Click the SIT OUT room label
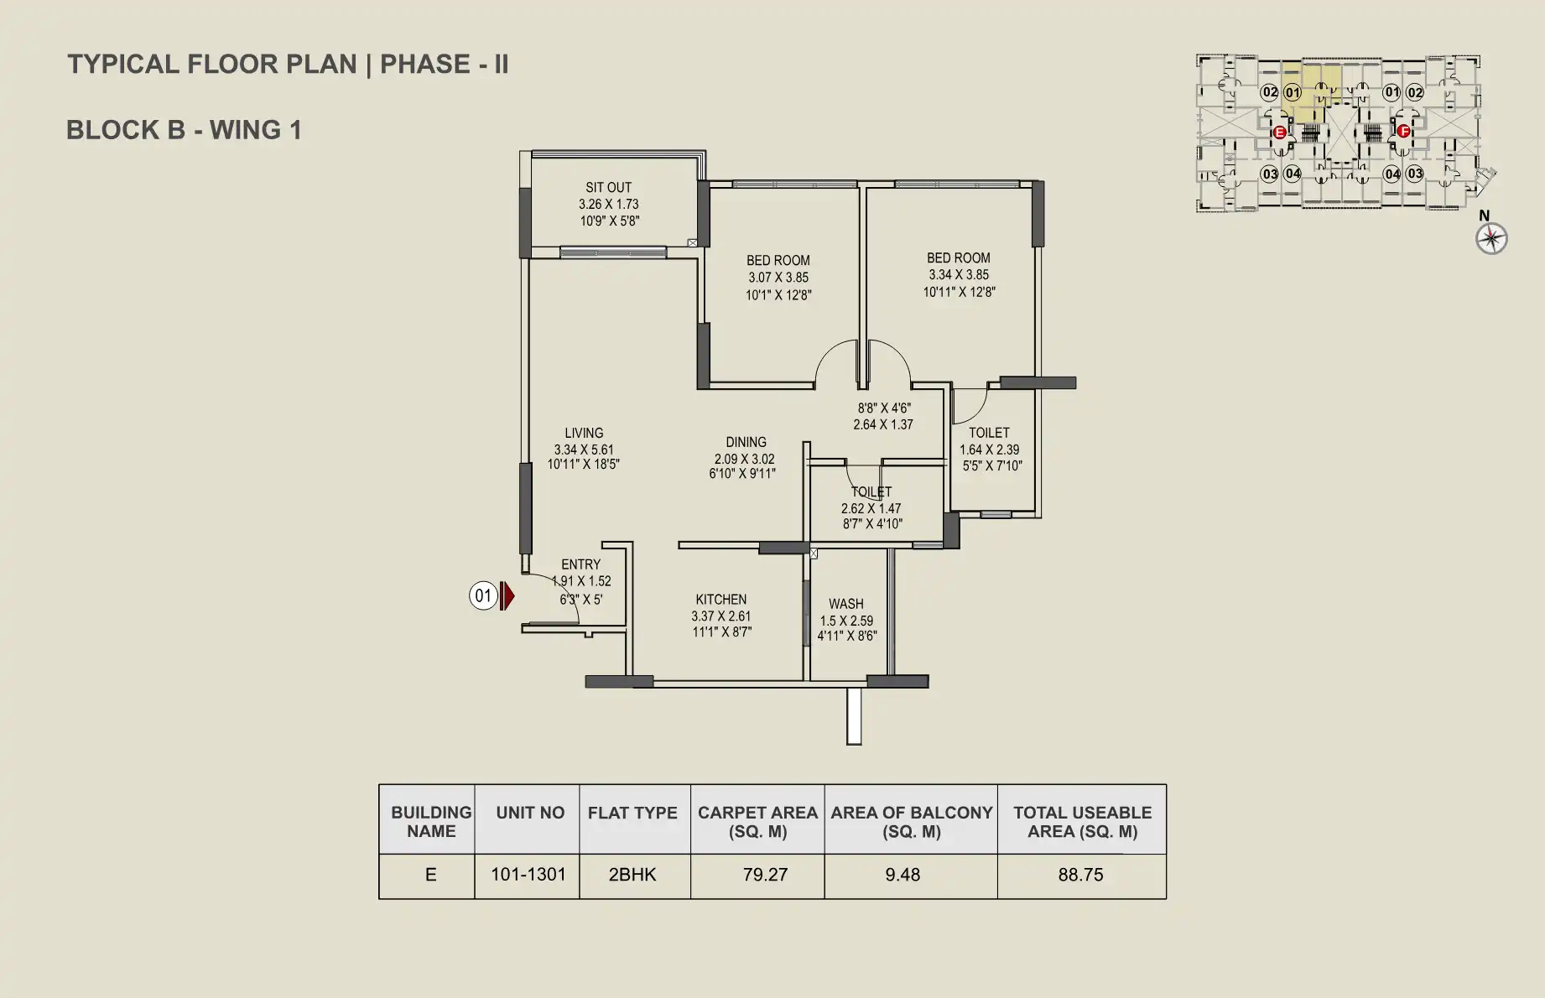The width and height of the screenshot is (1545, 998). coord(608,188)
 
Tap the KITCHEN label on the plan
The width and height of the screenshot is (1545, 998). coord(720,600)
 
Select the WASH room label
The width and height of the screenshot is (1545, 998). coord(845,604)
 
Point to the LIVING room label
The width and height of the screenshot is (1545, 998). coord(584,434)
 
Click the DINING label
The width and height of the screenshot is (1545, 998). coord(746,442)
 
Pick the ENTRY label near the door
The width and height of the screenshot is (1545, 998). coord(580,564)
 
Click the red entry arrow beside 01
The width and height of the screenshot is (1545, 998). coord(507,596)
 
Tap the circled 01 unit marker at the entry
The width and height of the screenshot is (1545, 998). coord(483,596)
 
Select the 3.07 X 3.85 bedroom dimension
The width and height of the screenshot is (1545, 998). coord(778,278)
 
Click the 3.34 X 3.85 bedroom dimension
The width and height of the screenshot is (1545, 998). coord(959,275)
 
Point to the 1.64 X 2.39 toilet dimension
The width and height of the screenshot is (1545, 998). coord(990,450)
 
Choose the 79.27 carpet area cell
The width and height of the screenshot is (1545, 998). coord(765,875)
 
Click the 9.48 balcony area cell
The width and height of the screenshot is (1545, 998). coord(903,875)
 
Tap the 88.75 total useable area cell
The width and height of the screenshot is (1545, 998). coord(1080,875)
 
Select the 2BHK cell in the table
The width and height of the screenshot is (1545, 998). coord(632,875)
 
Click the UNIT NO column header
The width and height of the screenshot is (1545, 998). coord(530,813)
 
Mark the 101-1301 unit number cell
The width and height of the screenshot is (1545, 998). coord(528,875)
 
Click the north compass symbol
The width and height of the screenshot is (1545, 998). coord(1491,239)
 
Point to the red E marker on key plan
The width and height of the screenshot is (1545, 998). coord(1280,133)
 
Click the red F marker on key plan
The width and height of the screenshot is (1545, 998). coord(1403,131)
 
